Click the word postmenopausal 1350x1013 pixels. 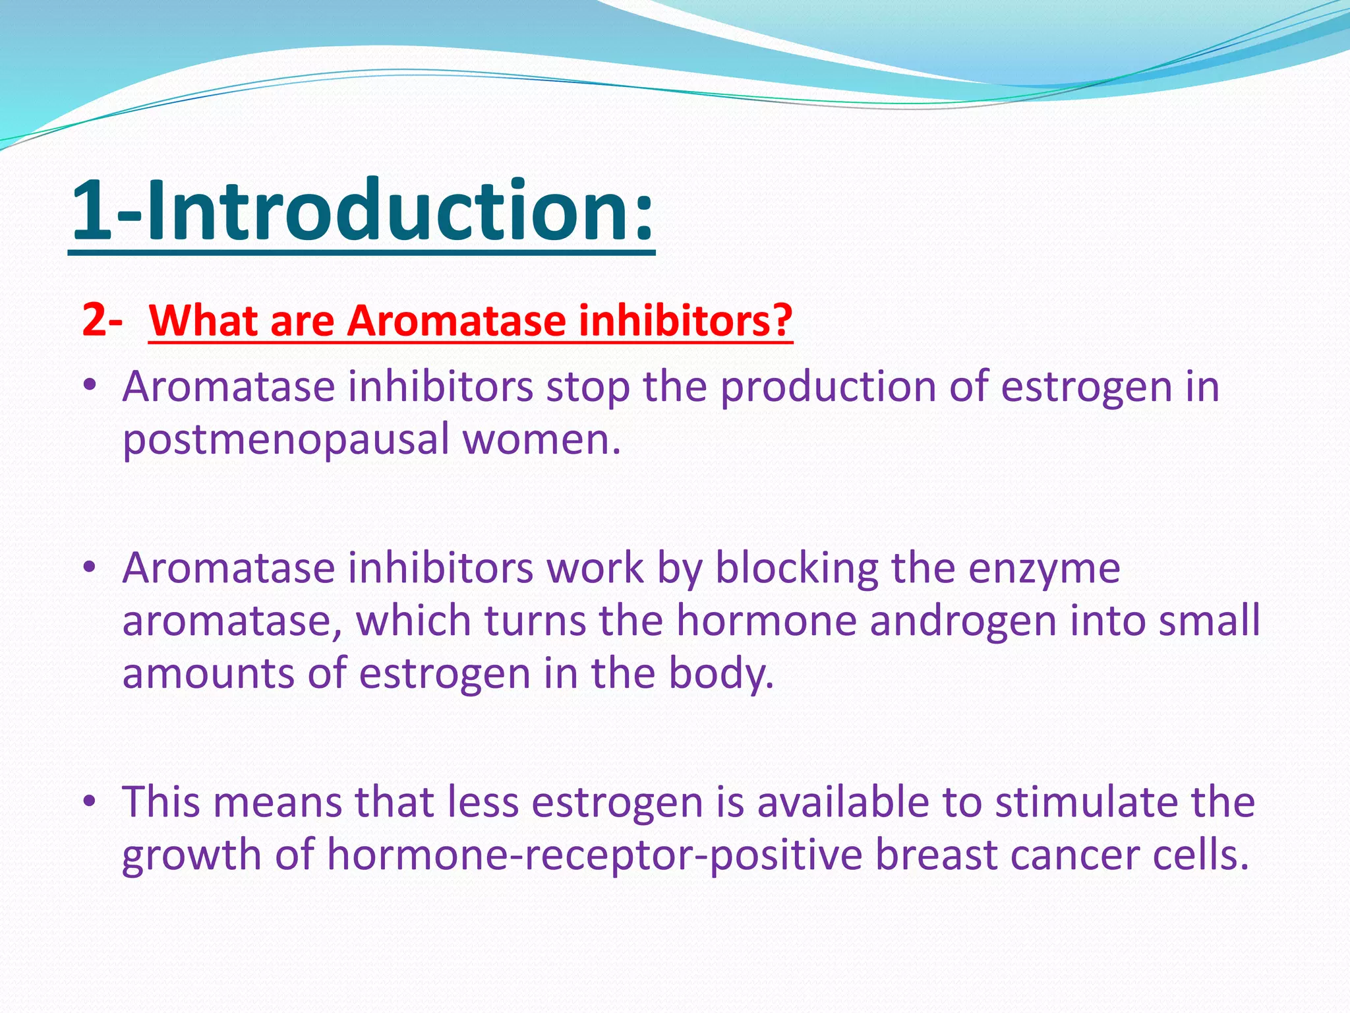click(x=285, y=441)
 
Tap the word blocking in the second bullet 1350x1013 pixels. click(x=797, y=568)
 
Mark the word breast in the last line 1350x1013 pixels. click(x=935, y=855)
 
